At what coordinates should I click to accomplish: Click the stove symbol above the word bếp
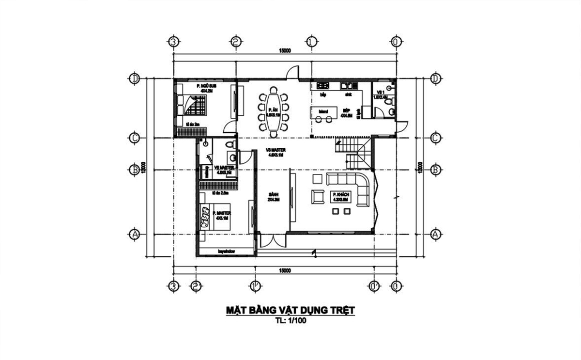pos(323,86)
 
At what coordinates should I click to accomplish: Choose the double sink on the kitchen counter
pos(349,86)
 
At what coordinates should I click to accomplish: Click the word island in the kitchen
pos(323,111)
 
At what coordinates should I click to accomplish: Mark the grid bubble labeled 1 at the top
pos(311,42)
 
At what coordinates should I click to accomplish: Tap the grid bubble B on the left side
pos(135,170)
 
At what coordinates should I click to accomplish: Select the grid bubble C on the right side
pos(435,138)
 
